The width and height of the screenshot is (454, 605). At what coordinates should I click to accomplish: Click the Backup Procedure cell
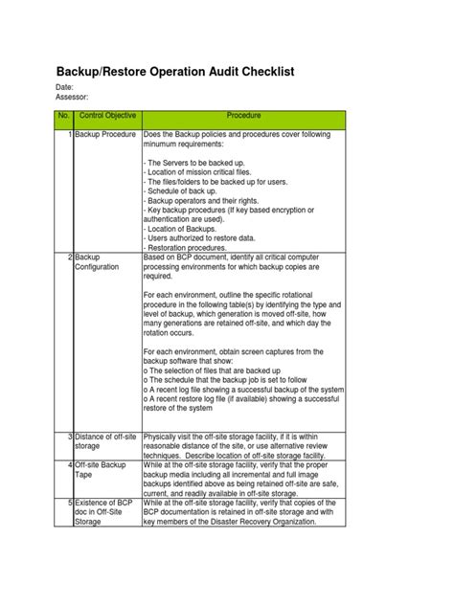point(105,136)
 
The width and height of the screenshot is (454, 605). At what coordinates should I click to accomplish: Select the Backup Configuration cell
point(101,262)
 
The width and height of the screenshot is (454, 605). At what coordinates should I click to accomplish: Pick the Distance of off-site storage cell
point(104,441)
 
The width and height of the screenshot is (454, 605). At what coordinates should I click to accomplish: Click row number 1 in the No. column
point(70,136)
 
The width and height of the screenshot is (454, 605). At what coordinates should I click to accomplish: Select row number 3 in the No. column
point(70,437)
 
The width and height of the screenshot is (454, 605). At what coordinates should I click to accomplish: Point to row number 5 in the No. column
point(70,501)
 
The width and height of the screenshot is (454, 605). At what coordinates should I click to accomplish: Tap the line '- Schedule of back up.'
point(187,191)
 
